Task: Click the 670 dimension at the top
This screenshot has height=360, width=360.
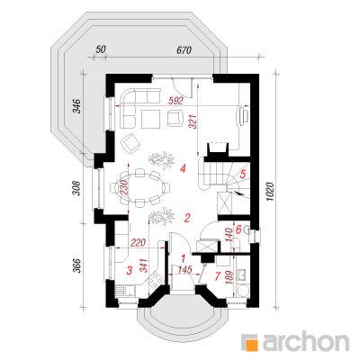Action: coord(184,50)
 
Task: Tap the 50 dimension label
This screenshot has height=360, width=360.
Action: coord(101,49)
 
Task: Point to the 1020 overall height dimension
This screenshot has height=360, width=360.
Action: coord(270,192)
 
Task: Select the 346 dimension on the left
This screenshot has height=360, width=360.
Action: coord(77,106)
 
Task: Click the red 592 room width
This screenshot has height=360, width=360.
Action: coord(175,102)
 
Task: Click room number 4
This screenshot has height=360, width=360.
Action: coord(182,169)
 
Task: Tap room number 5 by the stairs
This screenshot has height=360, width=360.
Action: coord(243,174)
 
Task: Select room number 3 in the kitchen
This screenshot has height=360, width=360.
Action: coord(129,270)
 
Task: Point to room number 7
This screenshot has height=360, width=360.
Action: coord(218,275)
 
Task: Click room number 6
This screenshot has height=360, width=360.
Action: coord(238,230)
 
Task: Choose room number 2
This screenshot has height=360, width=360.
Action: coord(187,218)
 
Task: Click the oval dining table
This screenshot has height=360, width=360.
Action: coord(140,188)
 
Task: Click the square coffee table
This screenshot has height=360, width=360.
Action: coord(150,119)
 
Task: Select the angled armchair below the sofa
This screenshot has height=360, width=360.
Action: coord(130,143)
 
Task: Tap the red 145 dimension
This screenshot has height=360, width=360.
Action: coord(184,270)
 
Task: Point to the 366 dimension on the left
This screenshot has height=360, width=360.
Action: coord(77,265)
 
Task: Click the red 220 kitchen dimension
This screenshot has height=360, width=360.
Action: coord(139,242)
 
